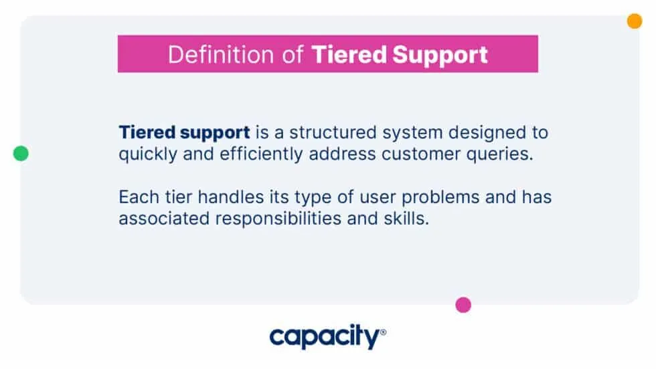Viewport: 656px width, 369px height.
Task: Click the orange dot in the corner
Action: click(634, 21)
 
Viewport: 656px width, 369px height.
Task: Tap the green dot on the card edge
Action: click(21, 154)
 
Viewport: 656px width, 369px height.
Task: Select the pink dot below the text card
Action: click(463, 305)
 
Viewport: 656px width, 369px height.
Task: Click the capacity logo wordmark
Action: click(324, 338)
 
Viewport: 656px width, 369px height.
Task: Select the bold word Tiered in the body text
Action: click(146, 132)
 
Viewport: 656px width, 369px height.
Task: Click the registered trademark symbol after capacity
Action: click(383, 332)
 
